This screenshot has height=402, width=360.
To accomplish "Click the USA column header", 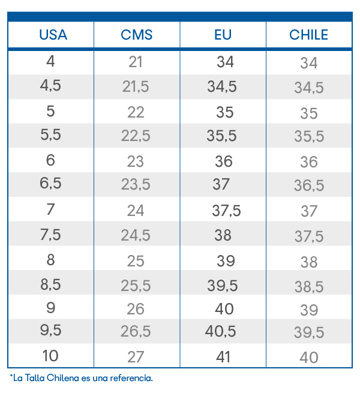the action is point(53,35).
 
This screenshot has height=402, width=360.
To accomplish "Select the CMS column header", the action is point(137,35).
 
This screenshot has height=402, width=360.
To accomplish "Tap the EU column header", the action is point(223,35).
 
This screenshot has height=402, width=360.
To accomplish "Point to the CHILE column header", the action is point(309,35).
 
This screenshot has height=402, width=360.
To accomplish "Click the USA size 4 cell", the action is point(50,61).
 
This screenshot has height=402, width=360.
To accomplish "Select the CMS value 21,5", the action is point(136,86).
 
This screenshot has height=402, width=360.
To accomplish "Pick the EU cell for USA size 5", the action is point(225,112).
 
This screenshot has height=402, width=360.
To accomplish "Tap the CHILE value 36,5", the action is point(309,185).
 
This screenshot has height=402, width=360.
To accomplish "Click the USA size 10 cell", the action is point(50,356).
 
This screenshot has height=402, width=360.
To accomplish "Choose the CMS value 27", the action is point(136,356).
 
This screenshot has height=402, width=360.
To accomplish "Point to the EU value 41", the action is point(223,356).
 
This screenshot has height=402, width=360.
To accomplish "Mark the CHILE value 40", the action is point(309,357).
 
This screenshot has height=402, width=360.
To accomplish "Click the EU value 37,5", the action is point(226,211).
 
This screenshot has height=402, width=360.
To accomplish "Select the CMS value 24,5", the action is point(136,235).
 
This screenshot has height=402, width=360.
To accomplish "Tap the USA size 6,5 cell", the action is point(50,184).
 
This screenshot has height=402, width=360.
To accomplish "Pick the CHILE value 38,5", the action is point(309,286).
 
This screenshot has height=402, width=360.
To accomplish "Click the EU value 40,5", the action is point(221,331).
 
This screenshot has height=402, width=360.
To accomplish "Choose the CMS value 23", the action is point(136,161).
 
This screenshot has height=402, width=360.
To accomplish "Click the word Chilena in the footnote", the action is point(63,378).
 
